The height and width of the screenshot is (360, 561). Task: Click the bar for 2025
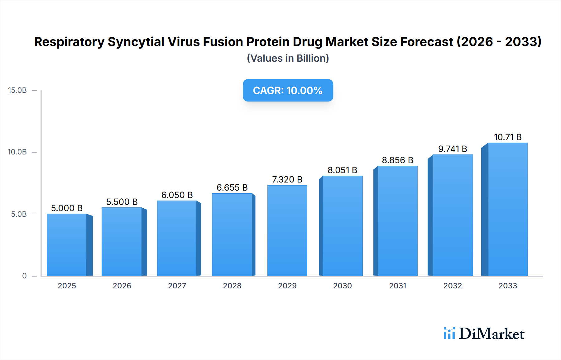point(67,245)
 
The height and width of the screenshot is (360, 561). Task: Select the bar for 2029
point(287,230)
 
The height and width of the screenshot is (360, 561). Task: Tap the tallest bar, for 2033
point(508,209)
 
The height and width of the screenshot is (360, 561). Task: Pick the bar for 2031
point(397,221)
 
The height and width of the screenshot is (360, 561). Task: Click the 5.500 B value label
point(122,202)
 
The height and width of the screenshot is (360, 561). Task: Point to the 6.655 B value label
point(232,187)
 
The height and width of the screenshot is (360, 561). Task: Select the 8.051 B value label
point(342,170)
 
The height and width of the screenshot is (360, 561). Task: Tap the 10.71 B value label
point(508,137)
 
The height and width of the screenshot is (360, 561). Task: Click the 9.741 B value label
point(453,149)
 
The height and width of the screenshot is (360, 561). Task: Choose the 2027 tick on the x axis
point(177,286)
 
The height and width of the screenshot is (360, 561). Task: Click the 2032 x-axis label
point(453,286)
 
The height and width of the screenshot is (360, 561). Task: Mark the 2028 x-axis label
point(232,286)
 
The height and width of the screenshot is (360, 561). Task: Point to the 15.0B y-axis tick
point(17,90)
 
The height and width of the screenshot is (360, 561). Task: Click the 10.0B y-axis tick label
point(17,152)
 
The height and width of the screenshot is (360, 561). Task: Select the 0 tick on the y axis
point(24,276)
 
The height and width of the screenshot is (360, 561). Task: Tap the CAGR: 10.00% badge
point(288,90)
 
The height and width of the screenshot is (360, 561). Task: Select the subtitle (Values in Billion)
point(288,58)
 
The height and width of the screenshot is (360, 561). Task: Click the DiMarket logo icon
point(449,333)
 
